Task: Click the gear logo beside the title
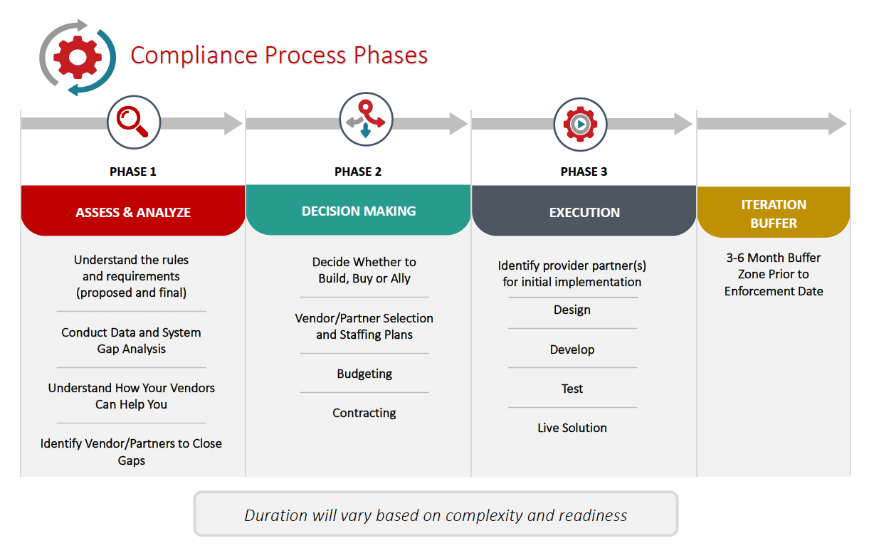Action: [x=78, y=58]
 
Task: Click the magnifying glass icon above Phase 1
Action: [x=133, y=122]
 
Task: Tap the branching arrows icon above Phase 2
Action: [x=366, y=120]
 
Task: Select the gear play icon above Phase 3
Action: [x=580, y=124]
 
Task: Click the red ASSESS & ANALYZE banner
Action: [x=133, y=212]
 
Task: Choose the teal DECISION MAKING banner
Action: [x=359, y=211]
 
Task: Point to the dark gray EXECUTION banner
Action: [x=584, y=212]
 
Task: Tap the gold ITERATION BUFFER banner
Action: [x=774, y=214]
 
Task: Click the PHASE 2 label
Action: [x=358, y=172]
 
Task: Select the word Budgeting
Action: [x=364, y=374]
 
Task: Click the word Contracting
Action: [x=364, y=413]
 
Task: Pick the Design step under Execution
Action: [x=572, y=310]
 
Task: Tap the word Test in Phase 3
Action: [x=572, y=389]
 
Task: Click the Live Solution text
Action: [x=572, y=428]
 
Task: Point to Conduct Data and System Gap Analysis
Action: [x=131, y=340]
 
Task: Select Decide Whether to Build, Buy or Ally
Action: [x=364, y=270]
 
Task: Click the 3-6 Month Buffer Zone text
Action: [x=774, y=274]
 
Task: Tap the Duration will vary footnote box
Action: [x=436, y=515]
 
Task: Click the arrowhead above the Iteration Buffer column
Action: [x=838, y=124]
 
